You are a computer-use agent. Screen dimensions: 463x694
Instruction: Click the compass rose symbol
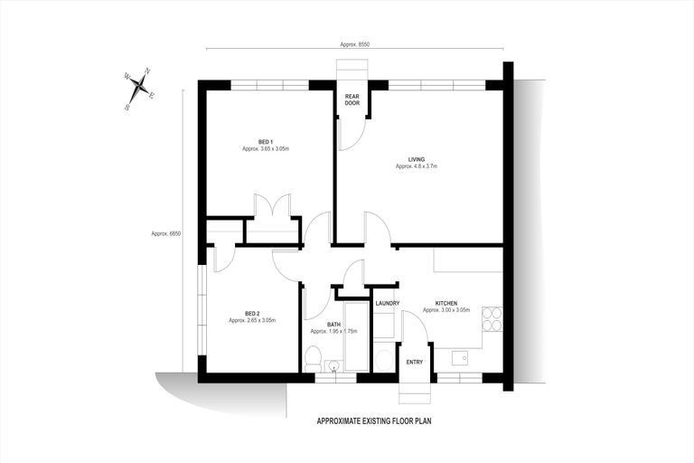pyautogui.click(x=139, y=87)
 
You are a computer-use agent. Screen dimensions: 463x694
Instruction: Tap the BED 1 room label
pyautogui.click(x=266, y=141)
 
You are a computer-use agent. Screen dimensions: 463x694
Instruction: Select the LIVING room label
pyautogui.click(x=416, y=159)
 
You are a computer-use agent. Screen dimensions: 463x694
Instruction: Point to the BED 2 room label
pyautogui.click(x=252, y=313)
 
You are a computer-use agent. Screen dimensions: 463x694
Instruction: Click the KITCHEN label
pyautogui.click(x=446, y=303)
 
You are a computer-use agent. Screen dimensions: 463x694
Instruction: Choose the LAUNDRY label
pyautogui.click(x=388, y=303)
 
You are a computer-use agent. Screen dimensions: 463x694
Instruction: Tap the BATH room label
pyautogui.click(x=333, y=325)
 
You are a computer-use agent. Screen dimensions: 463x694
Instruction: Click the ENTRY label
pyautogui.click(x=414, y=362)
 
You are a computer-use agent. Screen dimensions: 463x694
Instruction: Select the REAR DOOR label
pyautogui.click(x=352, y=99)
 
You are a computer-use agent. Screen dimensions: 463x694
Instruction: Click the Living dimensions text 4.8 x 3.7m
pyautogui.click(x=416, y=166)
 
